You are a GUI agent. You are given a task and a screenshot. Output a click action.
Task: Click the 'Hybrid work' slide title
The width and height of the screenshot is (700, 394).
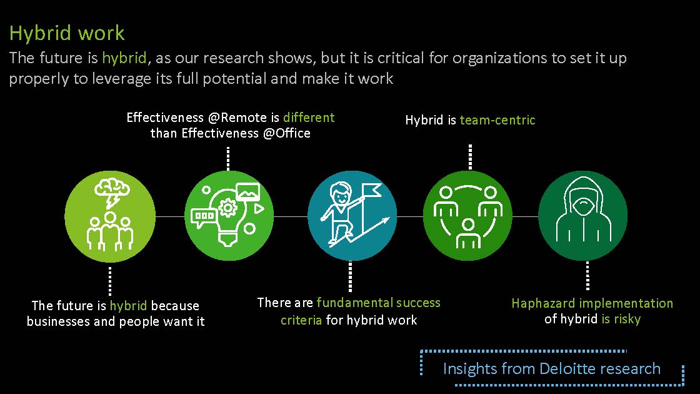point(67,33)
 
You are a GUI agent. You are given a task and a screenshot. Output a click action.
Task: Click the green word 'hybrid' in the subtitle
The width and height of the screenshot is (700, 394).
point(124,58)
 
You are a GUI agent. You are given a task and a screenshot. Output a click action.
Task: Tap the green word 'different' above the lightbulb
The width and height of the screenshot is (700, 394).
point(309,118)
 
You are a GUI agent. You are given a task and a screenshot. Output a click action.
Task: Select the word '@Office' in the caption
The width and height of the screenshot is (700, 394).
point(287,133)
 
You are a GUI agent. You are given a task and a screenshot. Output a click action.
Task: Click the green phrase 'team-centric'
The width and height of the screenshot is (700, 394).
point(497,120)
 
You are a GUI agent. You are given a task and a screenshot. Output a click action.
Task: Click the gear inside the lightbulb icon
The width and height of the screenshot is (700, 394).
point(229,208)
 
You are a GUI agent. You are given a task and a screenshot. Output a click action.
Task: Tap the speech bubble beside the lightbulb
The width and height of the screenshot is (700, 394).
point(204,217)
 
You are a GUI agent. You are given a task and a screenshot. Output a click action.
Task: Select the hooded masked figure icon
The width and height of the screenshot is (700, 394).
point(583,209)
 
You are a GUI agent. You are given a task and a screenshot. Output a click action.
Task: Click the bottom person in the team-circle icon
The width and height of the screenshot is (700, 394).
point(468,234)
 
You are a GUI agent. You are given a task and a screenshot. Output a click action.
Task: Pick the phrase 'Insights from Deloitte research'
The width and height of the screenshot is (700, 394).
point(552,368)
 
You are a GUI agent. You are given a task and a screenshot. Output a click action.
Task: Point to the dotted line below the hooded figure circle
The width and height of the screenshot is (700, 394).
point(587,276)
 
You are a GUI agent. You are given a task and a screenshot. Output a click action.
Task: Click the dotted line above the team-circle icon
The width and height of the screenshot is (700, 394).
point(470,157)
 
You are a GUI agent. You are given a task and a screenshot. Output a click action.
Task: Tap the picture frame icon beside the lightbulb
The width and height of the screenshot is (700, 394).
point(248,191)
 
